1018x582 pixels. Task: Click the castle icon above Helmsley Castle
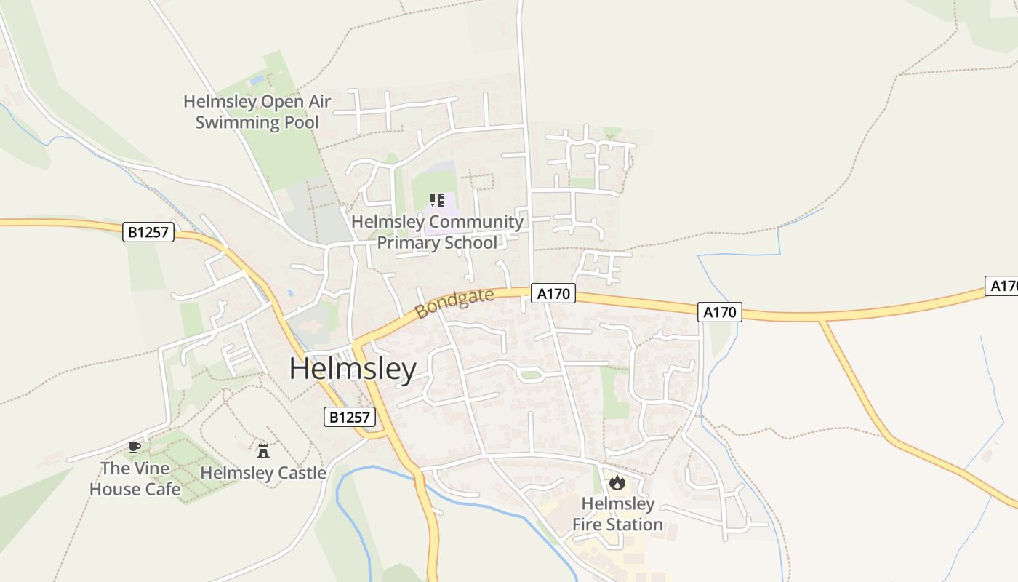point(263,451)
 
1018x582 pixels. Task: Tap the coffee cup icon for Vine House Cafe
point(134,447)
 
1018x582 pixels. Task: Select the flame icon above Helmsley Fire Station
point(617,482)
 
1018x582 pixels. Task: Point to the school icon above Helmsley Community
point(437,200)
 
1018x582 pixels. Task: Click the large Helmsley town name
point(353,369)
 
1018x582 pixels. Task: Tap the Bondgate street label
point(454,303)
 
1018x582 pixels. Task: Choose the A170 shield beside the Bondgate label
point(553,294)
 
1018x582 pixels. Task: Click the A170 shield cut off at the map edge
point(1004,286)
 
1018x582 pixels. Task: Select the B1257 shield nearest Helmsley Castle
point(349,417)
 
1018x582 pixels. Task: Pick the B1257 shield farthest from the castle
point(148,232)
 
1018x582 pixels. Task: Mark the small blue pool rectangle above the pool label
point(257,79)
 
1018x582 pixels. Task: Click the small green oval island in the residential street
point(531,375)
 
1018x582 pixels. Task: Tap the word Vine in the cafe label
point(153,468)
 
